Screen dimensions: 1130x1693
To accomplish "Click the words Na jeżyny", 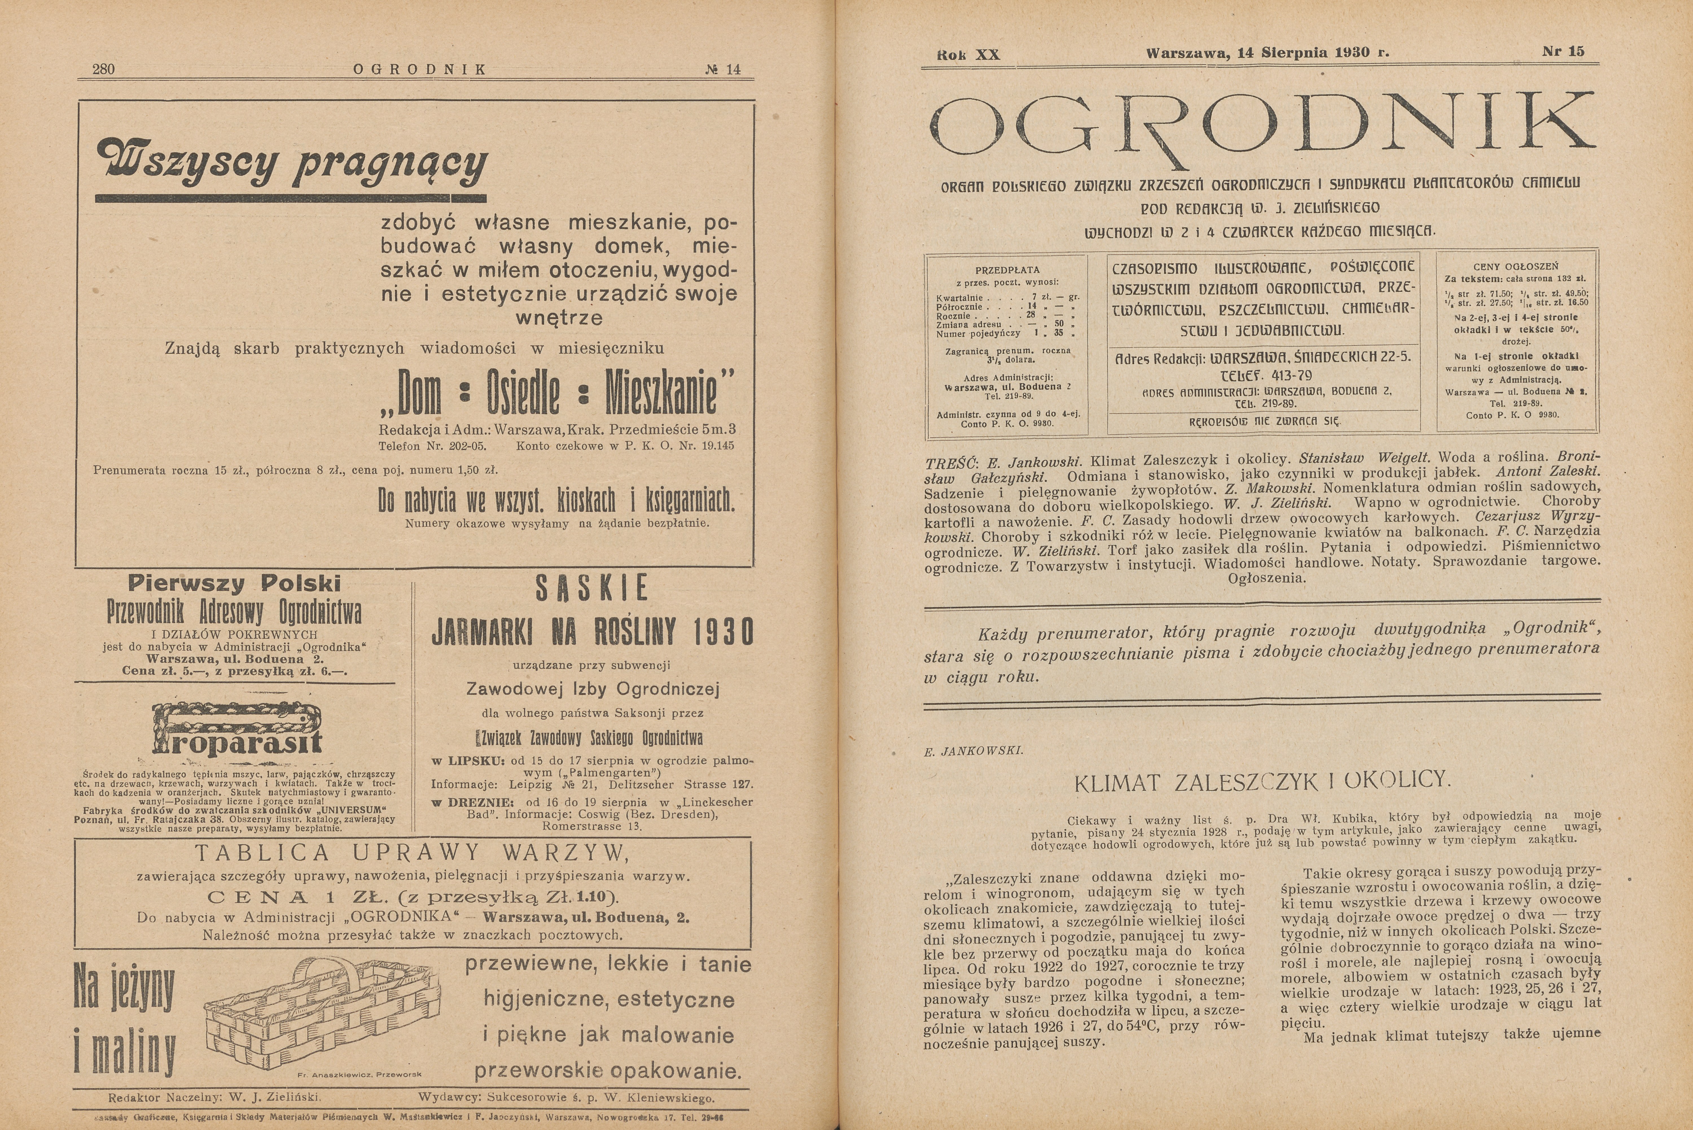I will click(124, 986).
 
